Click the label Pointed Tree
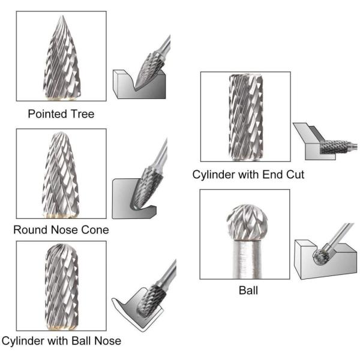pos(61,114)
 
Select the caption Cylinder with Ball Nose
pos(61,341)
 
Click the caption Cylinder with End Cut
pos(248,175)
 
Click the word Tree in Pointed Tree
pos(82,114)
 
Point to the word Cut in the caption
pos(294,175)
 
